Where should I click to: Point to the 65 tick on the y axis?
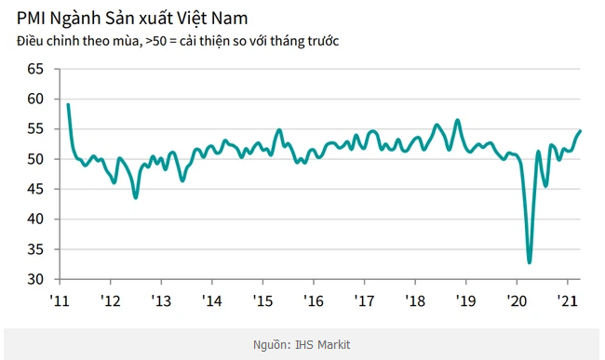36,70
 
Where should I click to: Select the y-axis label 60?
36,100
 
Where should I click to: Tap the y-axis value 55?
36,129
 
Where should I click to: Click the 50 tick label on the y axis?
36,159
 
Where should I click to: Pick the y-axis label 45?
36,190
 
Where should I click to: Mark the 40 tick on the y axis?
36,220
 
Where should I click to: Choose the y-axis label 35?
36,249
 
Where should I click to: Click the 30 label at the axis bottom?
36,279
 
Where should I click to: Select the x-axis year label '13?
161,301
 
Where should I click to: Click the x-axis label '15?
262,301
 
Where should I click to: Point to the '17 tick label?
364,301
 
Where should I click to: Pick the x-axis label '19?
465,301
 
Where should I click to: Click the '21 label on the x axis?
566,301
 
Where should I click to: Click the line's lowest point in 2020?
530,262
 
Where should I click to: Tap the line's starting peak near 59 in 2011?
68,105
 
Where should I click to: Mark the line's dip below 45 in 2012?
136,197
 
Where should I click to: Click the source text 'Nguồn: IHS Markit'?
302,344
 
